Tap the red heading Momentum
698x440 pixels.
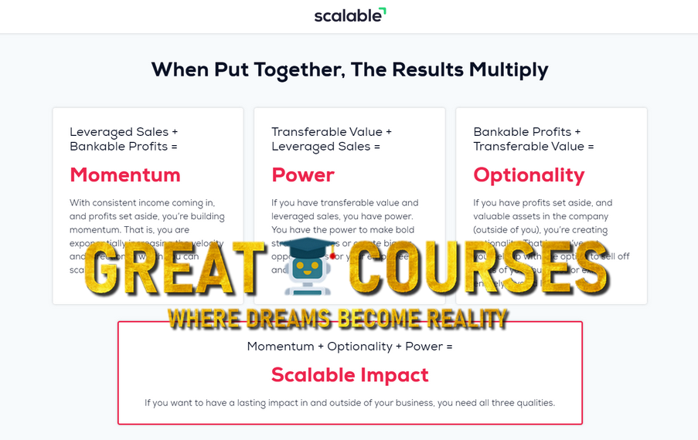tap(125, 174)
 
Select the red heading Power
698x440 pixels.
tap(303, 174)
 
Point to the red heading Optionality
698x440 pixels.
tap(529, 174)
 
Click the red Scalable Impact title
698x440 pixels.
tap(349, 375)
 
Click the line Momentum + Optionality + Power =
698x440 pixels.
tap(349, 347)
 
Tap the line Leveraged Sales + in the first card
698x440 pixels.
tap(124, 132)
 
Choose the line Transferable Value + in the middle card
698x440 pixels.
tap(332, 132)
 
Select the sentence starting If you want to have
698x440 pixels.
tap(349, 402)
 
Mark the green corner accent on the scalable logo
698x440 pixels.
tap(383, 11)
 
